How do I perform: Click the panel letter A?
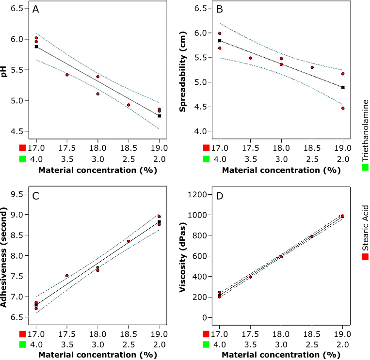point(35,10)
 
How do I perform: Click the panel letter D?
point(219,197)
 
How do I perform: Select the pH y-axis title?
point(4,72)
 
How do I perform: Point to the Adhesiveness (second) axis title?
point(4,255)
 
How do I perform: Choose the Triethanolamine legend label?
point(365,130)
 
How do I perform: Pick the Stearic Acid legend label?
point(365,227)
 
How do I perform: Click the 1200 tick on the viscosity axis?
point(199,195)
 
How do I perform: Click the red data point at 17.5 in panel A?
point(67,75)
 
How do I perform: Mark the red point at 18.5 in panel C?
point(129,241)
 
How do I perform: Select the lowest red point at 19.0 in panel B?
point(343,108)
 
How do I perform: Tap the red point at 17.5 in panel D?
point(250,277)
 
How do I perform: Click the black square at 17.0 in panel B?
point(220,41)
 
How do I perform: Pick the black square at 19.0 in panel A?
point(159,116)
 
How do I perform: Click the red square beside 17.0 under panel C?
point(22,334)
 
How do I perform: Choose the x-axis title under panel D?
point(281,355)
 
